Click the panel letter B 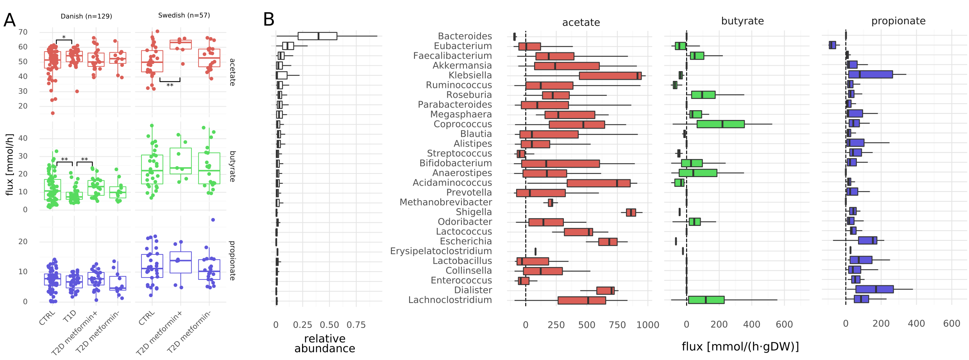tap(269, 20)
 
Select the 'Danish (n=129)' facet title tap(86, 16)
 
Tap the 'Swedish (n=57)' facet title tap(184, 15)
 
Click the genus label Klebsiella tap(470, 75)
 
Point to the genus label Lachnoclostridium tap(450, 300)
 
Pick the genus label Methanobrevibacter tap(445, 202)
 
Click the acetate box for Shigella tap(631, 212)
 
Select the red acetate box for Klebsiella tap(610, 75)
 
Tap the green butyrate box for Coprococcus tap(720, 124)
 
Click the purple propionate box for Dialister tap(874, 289)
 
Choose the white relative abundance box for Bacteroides tap(317, 36)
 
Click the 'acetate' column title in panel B tap(581, 22)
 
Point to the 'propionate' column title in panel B tap(898, 21)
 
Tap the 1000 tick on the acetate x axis tap(648, 325)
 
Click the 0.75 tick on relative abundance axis tap(356, 325)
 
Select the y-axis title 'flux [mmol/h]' tap(9, 165)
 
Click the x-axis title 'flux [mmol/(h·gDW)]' tap(740, 346)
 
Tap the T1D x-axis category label tap(70, 316)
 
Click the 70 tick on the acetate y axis tap(23, 32)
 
